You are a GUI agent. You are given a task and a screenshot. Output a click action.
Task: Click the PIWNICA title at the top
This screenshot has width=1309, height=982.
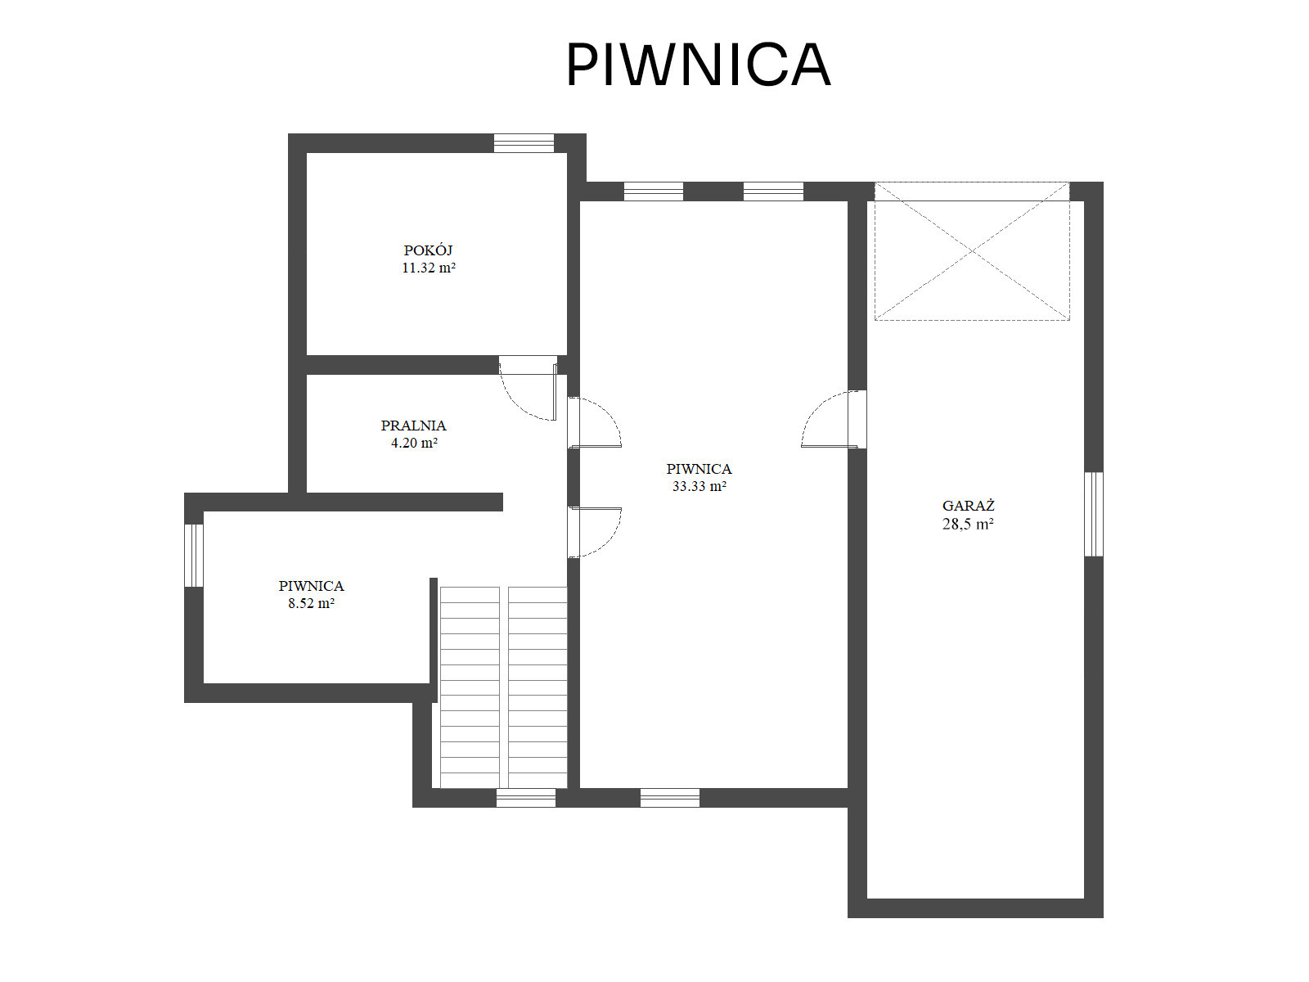pos(698,65)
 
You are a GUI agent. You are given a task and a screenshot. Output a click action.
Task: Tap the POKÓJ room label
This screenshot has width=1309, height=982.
pos(428,250)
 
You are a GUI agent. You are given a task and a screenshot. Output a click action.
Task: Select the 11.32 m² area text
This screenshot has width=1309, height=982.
pos(428,268)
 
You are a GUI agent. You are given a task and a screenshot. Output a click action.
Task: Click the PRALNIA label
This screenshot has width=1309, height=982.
pos(413,426)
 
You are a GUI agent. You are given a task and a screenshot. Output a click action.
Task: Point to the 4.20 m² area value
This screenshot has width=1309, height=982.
pos(414,443)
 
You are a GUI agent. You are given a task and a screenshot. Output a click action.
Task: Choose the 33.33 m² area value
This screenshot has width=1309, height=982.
pos(699,487)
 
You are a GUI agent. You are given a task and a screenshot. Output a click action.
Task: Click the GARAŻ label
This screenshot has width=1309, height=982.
pos(968,506)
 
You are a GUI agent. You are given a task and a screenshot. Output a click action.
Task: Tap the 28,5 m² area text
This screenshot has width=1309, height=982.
pos(967,524)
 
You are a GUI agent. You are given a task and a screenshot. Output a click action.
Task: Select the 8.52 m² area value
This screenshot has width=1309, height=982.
pos(311,603)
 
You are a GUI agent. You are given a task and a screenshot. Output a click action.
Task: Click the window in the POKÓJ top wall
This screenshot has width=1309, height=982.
pos(524,143)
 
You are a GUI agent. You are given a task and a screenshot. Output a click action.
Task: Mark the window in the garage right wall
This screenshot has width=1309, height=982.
pos(1093,514)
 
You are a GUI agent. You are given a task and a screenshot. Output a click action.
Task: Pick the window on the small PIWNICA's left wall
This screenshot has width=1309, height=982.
pos(194,555)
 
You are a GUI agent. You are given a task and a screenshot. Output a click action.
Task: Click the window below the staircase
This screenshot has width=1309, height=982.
pos(526,798)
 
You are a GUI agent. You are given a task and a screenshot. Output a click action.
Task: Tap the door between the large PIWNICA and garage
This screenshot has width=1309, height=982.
pos(833,419)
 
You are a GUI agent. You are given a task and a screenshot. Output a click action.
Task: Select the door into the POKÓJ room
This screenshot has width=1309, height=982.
pos(529,388)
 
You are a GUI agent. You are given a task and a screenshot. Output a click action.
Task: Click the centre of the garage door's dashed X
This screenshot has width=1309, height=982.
pos(972,251)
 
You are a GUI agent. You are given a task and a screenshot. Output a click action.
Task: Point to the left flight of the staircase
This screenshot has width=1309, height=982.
pos(470,687)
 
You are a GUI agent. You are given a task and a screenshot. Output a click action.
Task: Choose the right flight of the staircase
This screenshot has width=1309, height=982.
pos(538,687)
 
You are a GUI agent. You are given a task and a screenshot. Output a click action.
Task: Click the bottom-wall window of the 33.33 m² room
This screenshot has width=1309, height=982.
pos(670,798)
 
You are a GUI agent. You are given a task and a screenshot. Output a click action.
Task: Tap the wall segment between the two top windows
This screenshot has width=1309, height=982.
pos(713,191)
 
